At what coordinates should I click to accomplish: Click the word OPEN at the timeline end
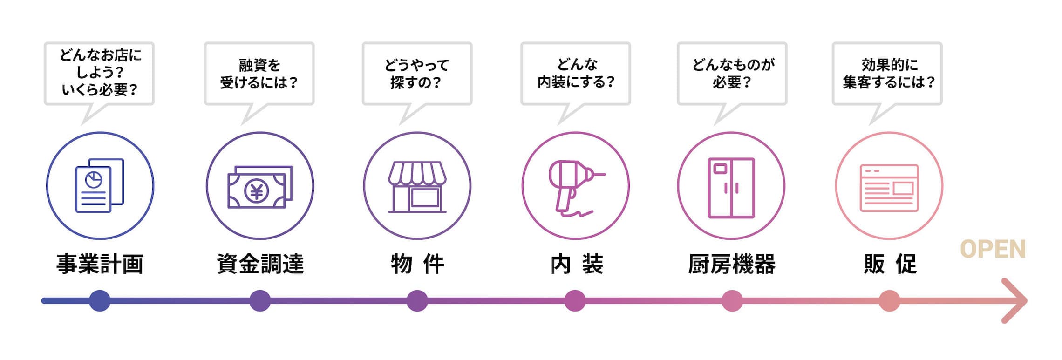point(993,249)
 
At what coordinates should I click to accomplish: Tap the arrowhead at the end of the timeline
point(1018,300)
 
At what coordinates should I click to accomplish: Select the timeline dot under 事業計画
point(100,300)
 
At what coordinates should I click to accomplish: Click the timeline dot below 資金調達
point(260,300)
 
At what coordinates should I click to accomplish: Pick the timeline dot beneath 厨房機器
point(732,300)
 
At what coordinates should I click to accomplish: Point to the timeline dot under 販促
point(889,300)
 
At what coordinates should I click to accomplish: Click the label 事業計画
point(100,264)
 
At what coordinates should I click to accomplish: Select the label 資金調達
point(260,264)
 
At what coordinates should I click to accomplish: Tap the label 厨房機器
point(732,264)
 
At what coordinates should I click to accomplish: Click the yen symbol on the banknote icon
point(257,191)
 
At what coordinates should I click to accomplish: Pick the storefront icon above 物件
point(417,186)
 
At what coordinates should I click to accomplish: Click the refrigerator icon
point(731,188)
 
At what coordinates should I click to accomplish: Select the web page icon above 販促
point(889,188)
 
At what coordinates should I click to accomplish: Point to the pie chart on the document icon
point(94,179)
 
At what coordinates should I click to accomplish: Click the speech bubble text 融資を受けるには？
point(259,74)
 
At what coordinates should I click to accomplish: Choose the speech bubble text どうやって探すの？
point(416,74)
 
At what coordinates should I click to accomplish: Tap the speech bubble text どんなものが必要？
point(733,74)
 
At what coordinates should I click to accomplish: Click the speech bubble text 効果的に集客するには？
point(888,74)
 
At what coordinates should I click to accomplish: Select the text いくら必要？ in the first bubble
point(100,89)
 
